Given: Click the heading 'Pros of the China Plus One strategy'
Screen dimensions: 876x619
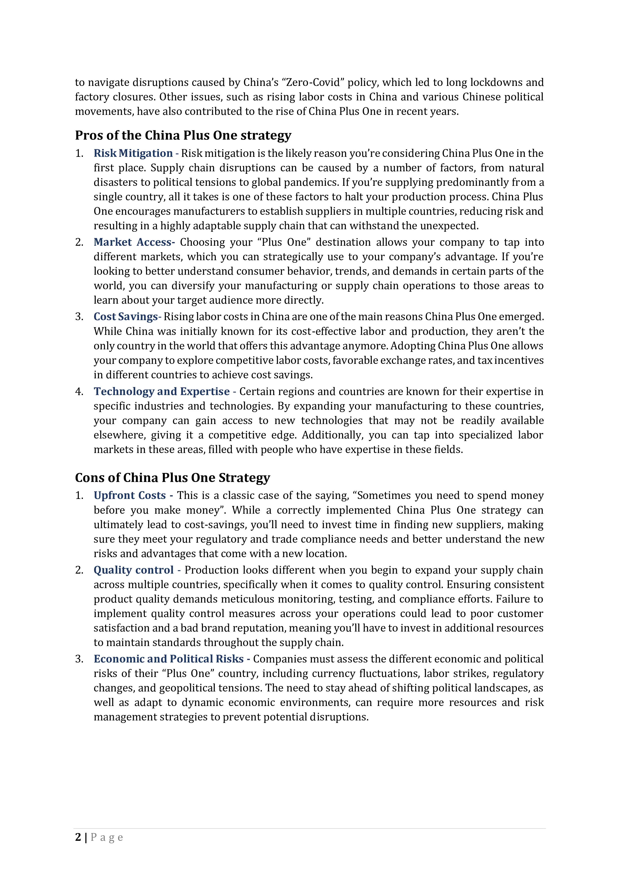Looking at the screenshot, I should pyautogui.click(x=183, y=135).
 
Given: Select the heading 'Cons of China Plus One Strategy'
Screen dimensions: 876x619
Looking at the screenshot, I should pyautogui.click(x=172, y=478).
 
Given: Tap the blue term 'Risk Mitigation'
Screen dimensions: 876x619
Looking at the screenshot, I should pyautogui.click(x=133, y=153).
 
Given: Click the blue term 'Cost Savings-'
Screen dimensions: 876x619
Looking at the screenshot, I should pyautogui.click(x=127, y=317).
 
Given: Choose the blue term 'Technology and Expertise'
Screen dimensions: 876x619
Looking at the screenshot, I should pyautogui.click(x=162, y=392).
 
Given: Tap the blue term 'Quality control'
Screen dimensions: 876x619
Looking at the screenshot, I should pyautogui.click(x=134, y=570).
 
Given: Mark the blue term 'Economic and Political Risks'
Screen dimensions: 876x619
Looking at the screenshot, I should pyautogui.click(x=168, y=659).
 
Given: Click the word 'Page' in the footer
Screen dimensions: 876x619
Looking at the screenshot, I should pyautogui.click(x=107, y=838).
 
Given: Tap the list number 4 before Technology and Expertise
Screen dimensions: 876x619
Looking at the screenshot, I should pyautogui.click(x=79, y=392).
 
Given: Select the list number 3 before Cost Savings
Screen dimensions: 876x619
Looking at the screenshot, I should pyautogui.click(x=79, y=317).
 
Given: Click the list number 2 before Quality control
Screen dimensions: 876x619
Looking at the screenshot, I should pyautogui.click(x=79, y=570).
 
